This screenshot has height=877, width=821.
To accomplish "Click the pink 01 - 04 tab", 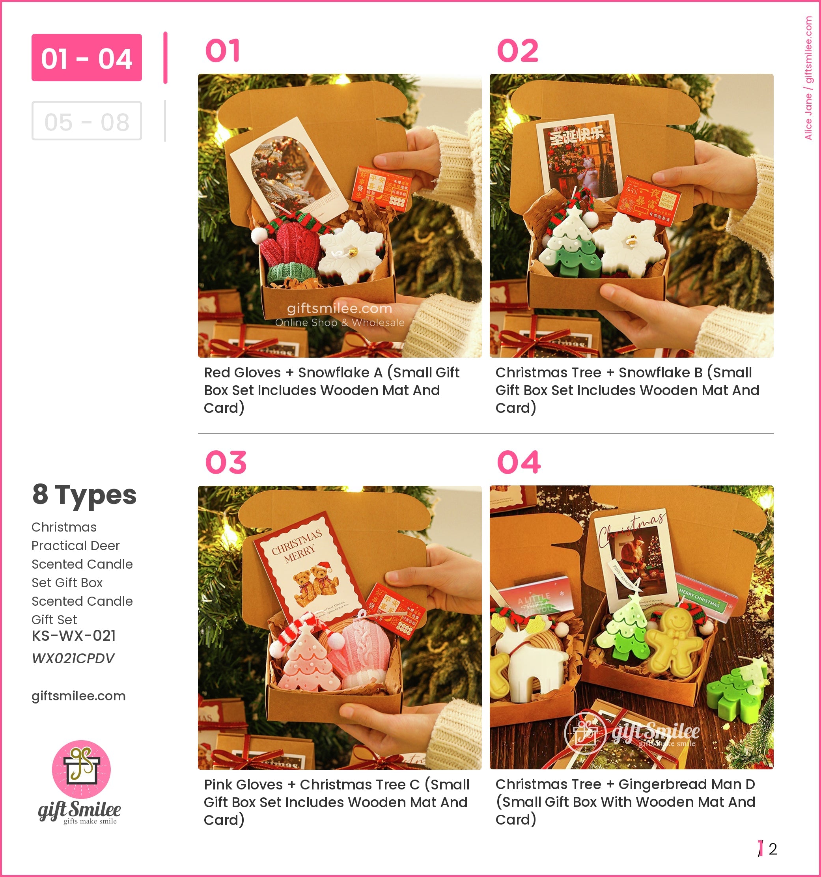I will [x=86, y=58].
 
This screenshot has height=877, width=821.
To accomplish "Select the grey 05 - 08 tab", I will [x=86, y=121].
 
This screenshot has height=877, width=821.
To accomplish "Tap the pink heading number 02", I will [x=517, y=51].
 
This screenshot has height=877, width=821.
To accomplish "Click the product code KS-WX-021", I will [x=74, y=636].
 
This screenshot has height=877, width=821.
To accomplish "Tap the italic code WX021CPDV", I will [x=73, y=658].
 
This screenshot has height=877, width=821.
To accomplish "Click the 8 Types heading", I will [x=84, y=494].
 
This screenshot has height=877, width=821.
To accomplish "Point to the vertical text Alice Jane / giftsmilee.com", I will [x=808, y=78].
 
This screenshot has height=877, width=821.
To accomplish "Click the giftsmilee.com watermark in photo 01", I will [x=339, y=309].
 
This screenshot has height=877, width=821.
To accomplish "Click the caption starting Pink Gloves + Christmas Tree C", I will [x=336, y=802].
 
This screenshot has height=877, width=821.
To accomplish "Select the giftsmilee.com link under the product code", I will [x=78, y=696].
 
